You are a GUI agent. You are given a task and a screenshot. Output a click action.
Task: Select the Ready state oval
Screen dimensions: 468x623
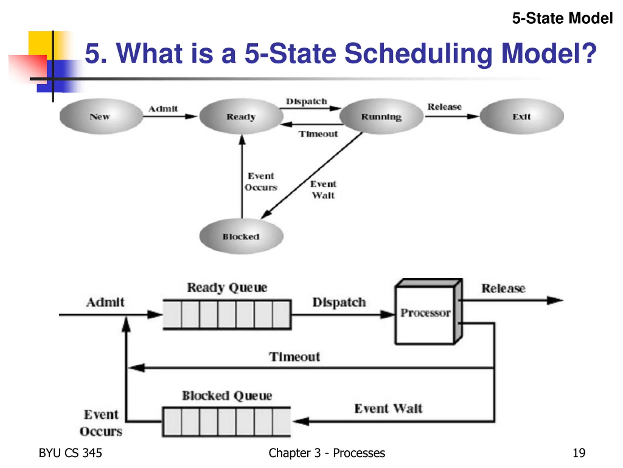click(x=241, y=116)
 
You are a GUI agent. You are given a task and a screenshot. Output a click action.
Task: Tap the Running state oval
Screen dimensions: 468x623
click(x=381, y=116)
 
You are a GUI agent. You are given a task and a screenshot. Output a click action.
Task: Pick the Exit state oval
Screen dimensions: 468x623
click(x=522, y=116)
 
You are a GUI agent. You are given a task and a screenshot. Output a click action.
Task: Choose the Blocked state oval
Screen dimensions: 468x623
click(x=241, y=236)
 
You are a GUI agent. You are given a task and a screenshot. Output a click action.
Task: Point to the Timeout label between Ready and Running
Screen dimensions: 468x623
click(x=318, y=134)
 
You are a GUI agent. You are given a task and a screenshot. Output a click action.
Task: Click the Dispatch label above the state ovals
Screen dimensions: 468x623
click(x=306, y=101)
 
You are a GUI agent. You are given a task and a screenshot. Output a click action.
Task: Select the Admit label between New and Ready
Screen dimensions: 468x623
click(x=163, y=109)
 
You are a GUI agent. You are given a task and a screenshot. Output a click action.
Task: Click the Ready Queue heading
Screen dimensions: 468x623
click(x=227, y=288)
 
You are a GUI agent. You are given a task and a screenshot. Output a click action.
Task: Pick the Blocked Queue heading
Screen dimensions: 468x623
click(x=227, y=396)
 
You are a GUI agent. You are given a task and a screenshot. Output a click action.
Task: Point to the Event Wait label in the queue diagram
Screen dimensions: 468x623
click(x=388, y=409)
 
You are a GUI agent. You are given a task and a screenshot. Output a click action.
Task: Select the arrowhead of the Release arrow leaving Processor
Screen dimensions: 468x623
click(x=555, y=301)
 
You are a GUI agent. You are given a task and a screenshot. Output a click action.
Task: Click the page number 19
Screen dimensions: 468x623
click(x=579, y=453)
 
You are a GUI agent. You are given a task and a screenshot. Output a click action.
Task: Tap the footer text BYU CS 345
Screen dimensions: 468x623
click(x=70, y=453)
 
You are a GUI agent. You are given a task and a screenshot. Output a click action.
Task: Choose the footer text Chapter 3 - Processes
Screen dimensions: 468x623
click(x=327, y=453)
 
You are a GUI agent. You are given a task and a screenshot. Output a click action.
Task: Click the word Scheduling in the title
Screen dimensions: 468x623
click(x=418, y=54)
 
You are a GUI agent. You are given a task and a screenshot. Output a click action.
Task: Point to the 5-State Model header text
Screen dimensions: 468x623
click(x=562, y=18)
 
